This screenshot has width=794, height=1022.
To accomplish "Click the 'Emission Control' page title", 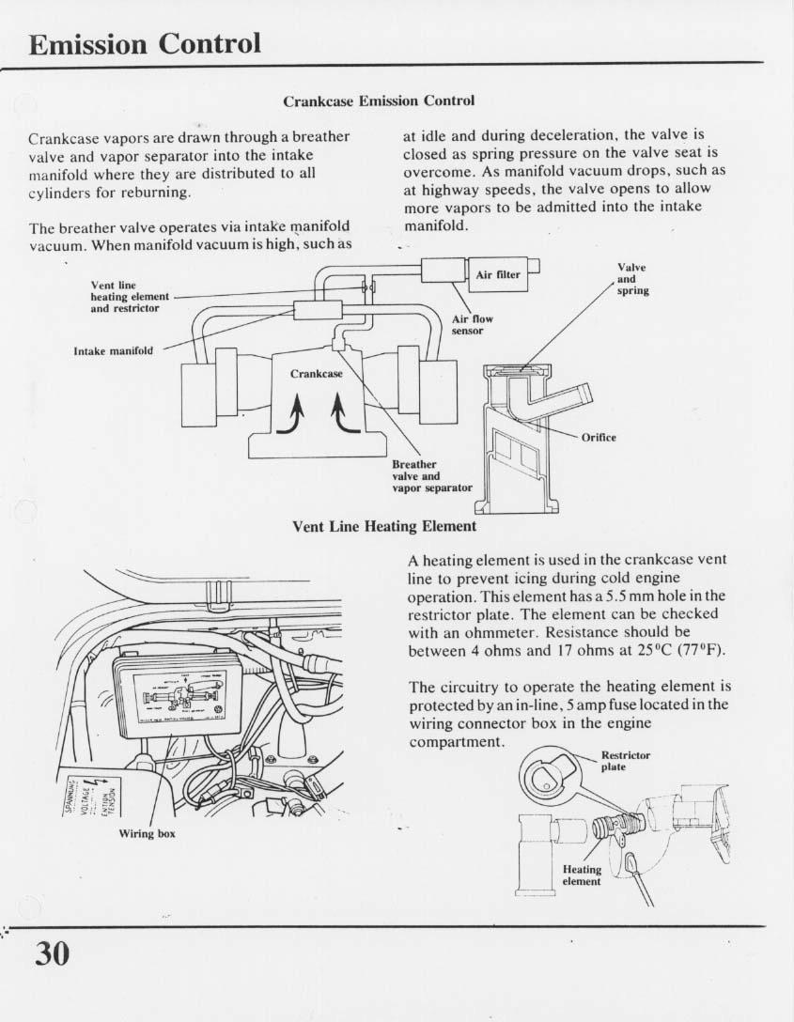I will (x=145, y=44).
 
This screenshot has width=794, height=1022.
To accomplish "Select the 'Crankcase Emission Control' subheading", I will (x=379, y=101).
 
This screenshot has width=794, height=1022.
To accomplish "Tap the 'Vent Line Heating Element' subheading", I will (x=384, y=526).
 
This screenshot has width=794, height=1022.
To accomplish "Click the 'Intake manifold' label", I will (x=113, y=351).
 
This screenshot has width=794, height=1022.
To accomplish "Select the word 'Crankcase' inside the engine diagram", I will (x=317, y=373).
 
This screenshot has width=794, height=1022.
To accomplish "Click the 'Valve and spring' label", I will (x=632, y=279).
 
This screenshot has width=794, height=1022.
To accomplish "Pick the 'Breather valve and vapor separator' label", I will (x=431, y=475).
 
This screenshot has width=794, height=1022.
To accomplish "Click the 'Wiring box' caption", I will (x=147, y=833).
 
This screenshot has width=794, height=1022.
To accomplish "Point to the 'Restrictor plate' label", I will (x=625, y=760).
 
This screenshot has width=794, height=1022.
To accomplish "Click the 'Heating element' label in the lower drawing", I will (x=581, y=875).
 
